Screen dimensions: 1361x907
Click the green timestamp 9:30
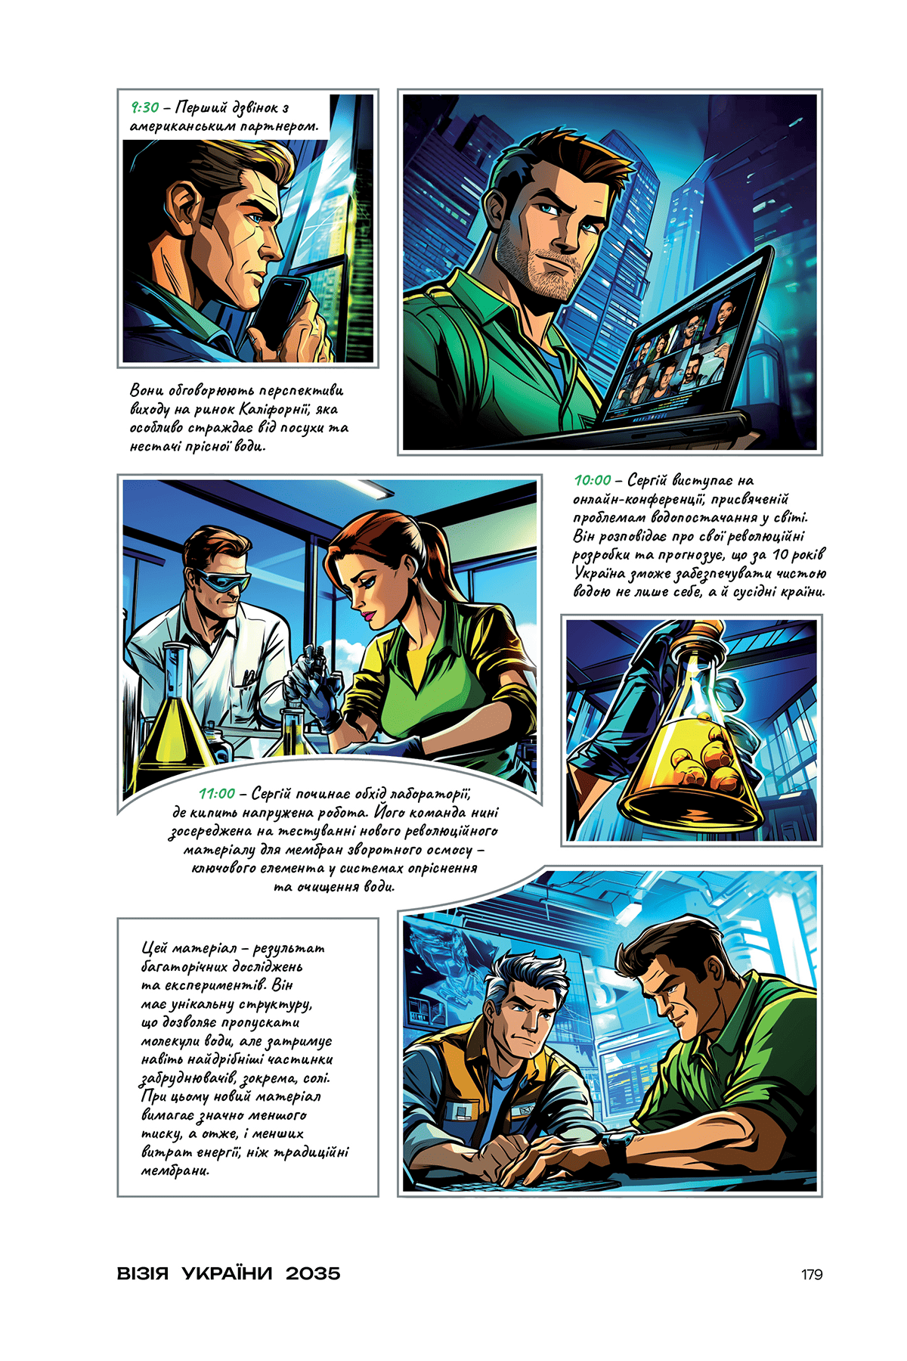coord(144,107)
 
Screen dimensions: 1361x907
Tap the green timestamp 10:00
coord(592,480)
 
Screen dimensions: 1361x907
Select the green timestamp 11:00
coord(217,793)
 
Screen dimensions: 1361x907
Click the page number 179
coord(812,1274)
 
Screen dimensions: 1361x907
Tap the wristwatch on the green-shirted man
coord(616,1150)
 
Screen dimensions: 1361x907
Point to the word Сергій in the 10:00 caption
coord(648,480)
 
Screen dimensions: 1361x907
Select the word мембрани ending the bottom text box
coord(175,1170)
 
